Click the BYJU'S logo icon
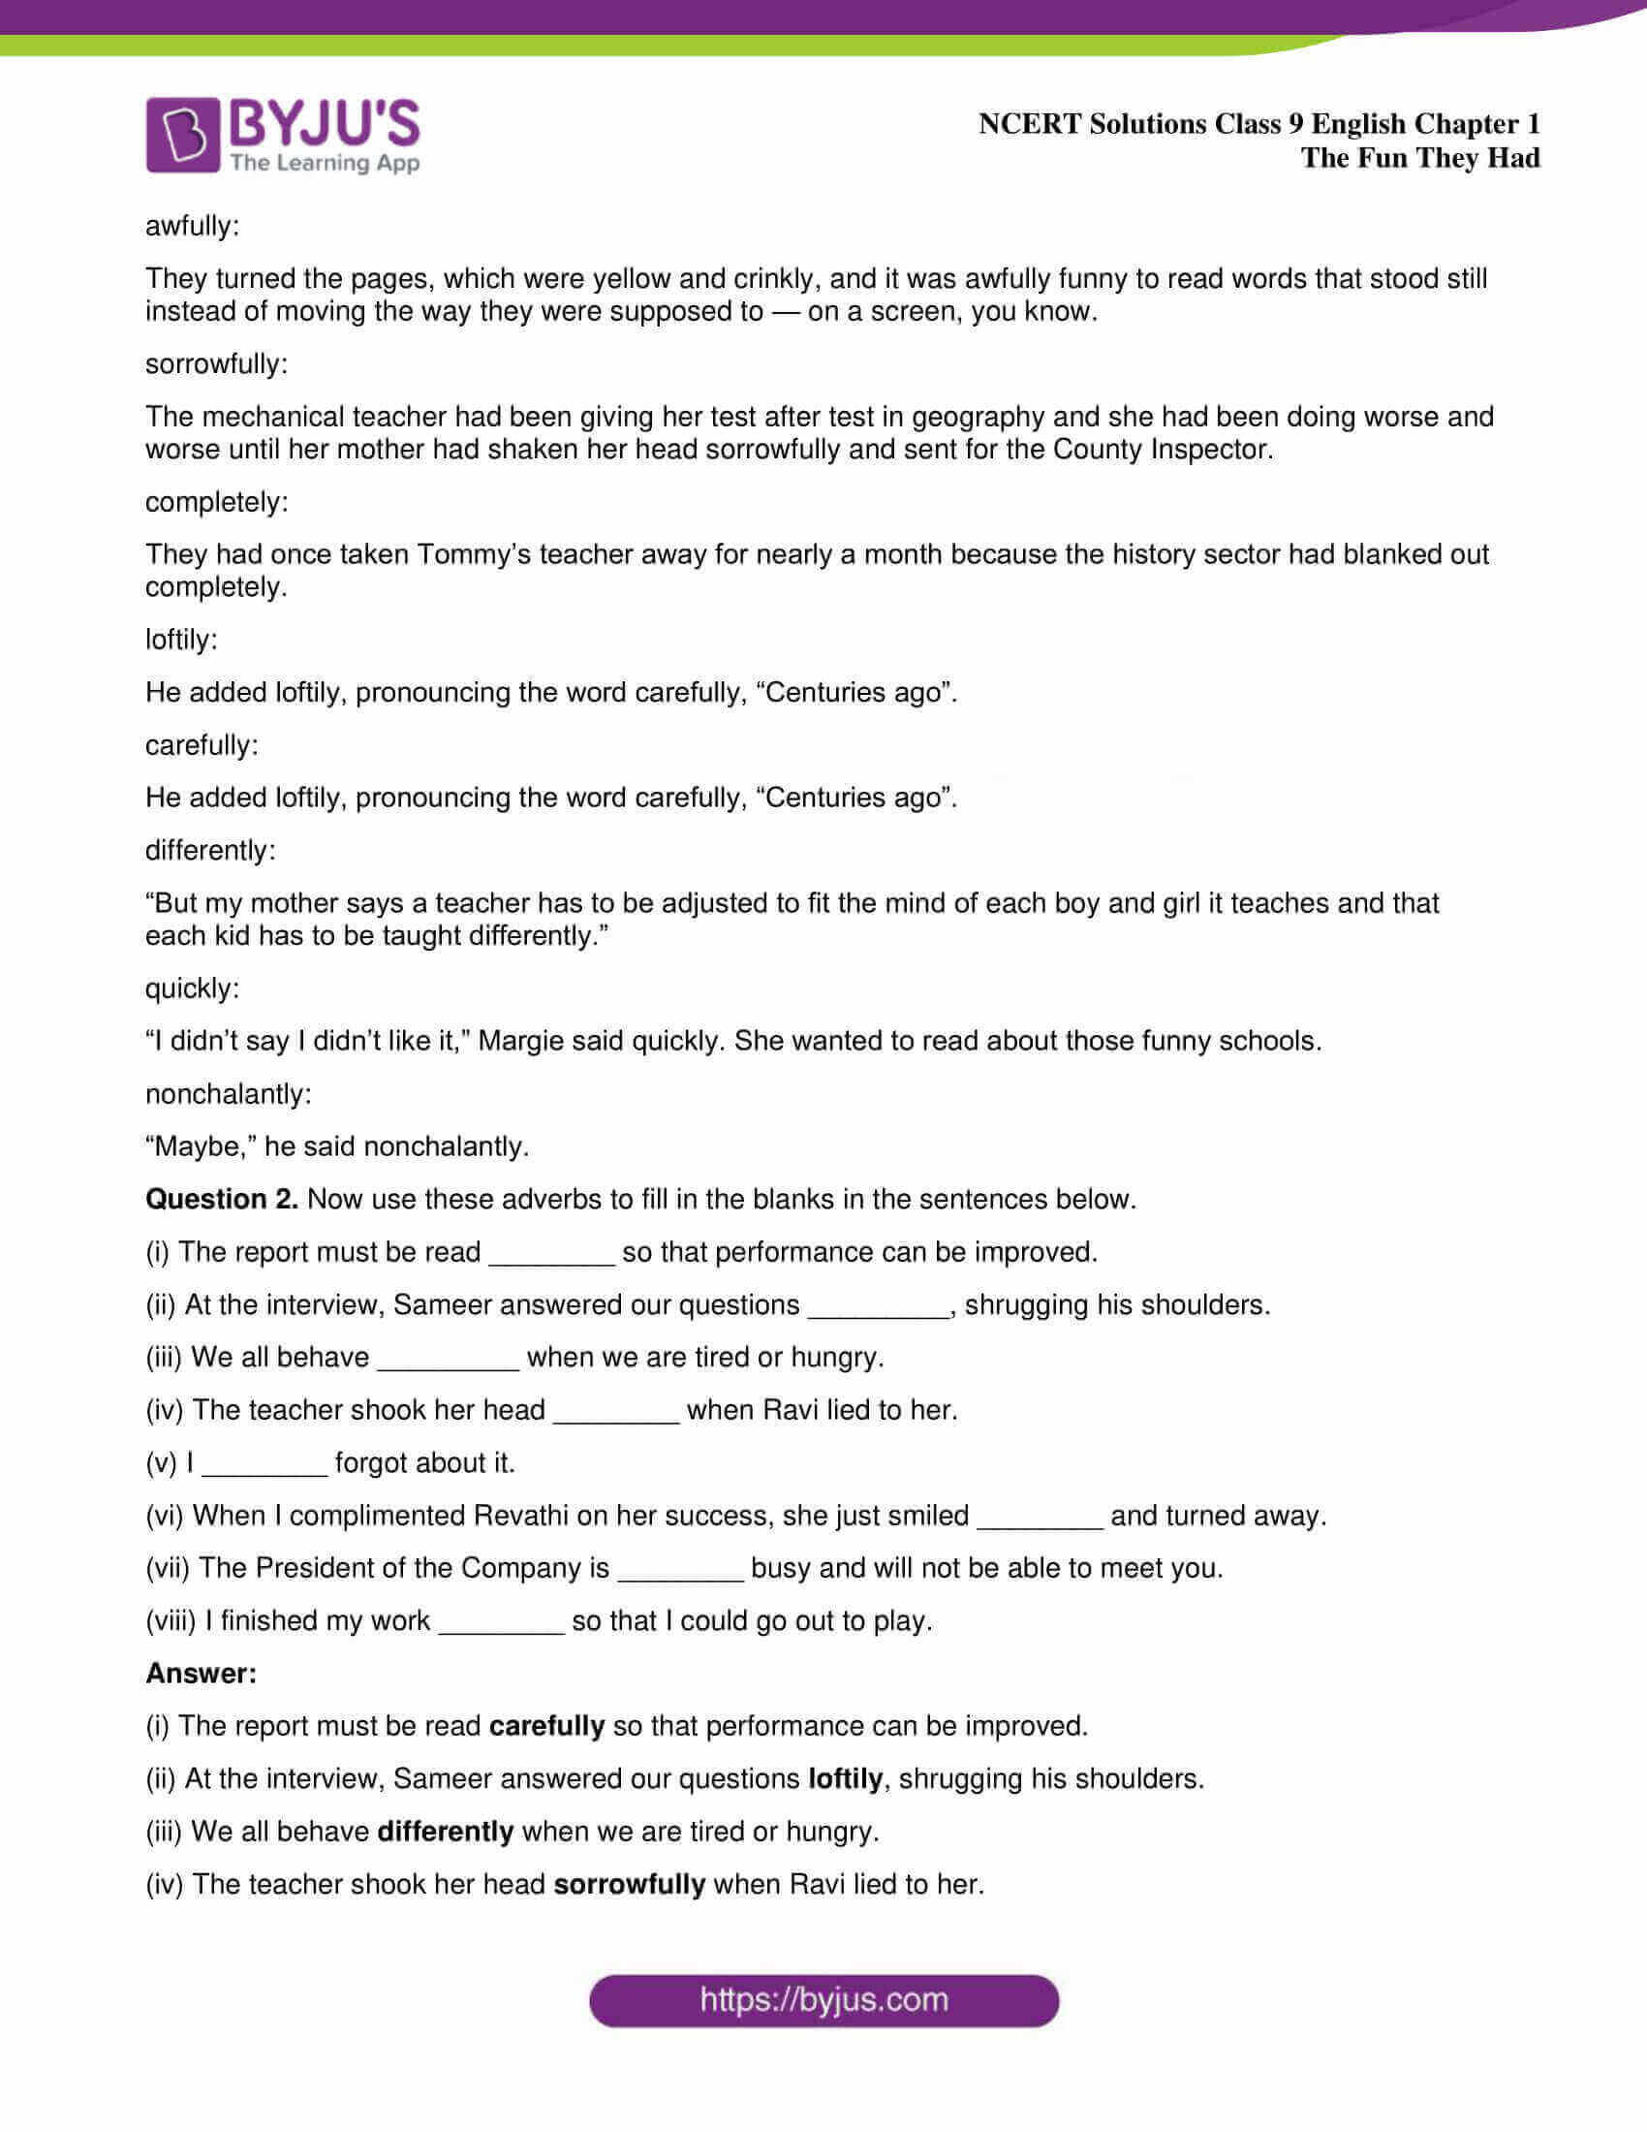point(182,135)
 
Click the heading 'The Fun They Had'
point(1419,158)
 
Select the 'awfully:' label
point(192,227)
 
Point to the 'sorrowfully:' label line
point(217,364)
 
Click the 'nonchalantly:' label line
point(229,1093)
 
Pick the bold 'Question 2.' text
point(222,1199)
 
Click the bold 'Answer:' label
point(201,1674)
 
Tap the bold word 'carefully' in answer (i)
point(546,1726)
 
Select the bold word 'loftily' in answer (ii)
point(845,1778)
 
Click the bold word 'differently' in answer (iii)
point(445,1832)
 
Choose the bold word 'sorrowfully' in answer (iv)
point(630,1884)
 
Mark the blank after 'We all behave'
point(448,1359)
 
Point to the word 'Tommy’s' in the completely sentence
point(474,554)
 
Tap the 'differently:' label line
point(211,850)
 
